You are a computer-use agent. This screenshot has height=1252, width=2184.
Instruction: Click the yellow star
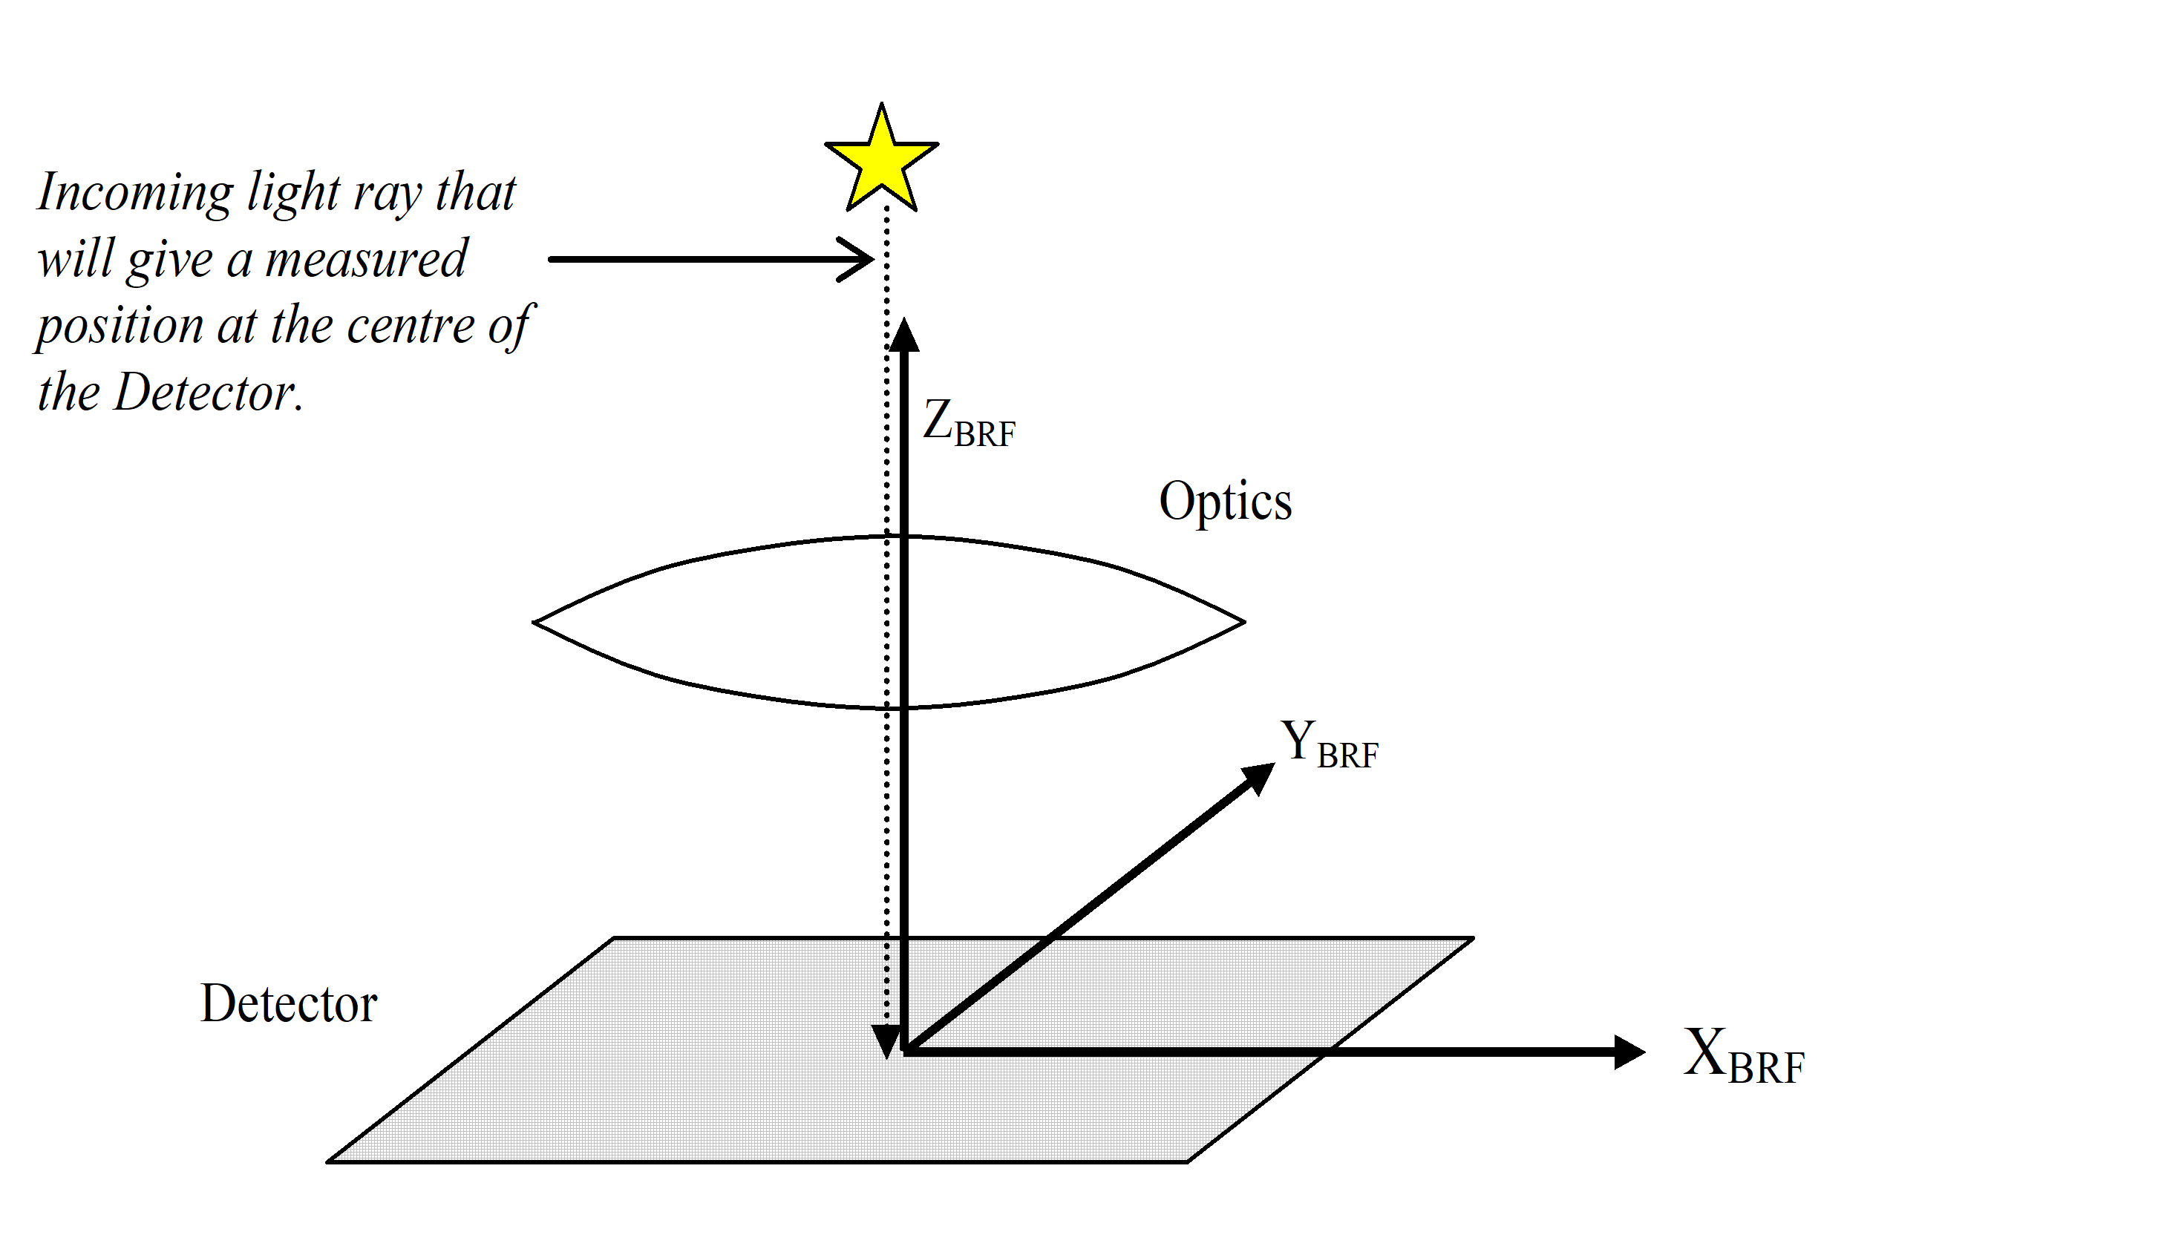tap(881, 161)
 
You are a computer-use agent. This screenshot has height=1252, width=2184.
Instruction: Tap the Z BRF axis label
tap(968, 423)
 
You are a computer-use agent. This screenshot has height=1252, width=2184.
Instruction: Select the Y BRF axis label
tap(1329, 744)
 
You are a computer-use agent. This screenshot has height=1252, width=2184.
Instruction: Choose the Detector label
tap(289, 1003)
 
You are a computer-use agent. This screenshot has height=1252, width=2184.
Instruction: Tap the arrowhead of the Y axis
tap(1260, 776)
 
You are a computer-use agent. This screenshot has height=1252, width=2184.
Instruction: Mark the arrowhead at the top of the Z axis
tap(903, 335)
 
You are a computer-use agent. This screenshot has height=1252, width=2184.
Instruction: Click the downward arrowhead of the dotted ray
tap(886, 1041)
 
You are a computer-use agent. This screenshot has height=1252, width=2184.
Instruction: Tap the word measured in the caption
tap(365, 259)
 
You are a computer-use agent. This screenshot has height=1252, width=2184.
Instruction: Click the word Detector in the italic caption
tap(206, 393)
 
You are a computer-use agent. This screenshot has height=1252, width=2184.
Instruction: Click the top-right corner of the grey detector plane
tap(1471, 938)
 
